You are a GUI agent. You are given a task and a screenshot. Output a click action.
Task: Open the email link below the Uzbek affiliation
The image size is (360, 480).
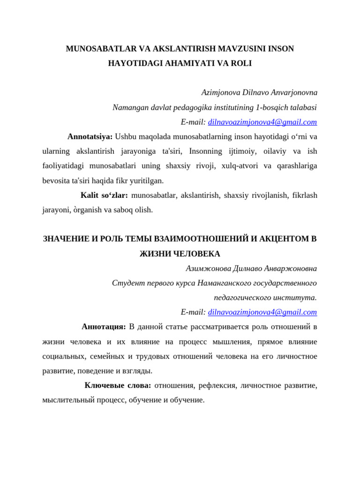pyautogui.click(x=262, y=122)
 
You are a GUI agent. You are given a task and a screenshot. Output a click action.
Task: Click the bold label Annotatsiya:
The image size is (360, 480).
pyautogui.click(x=90, y=136)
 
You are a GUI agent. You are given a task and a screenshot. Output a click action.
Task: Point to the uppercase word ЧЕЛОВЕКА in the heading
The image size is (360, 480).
pyautogui.click(x=196, y=254)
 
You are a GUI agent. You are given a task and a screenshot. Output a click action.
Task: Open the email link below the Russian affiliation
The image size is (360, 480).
pyautogui.click(x=262, y=312)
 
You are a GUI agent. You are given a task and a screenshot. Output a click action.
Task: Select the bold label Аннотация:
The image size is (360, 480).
pyautogui.click(x=104, y=327)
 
